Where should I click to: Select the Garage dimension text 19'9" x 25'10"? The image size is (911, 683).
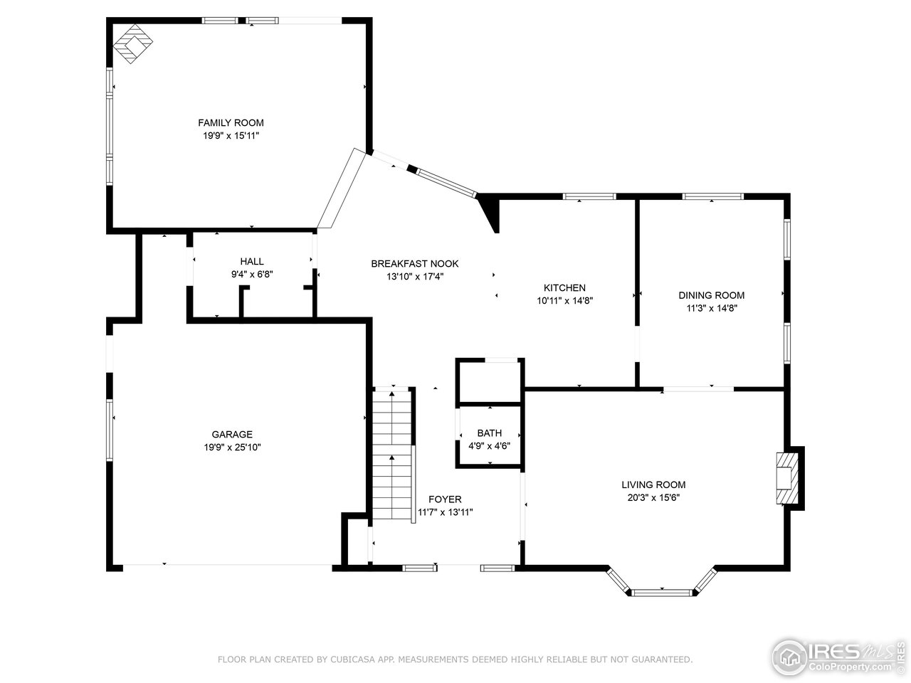point(232,447)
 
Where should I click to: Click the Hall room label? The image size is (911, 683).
point(251,261)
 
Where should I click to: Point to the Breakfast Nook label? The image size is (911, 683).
point(414,264)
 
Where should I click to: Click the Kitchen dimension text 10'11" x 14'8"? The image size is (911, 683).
point(564,300)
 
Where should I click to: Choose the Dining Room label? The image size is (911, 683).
point(711,295)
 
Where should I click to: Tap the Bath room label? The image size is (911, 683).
point(489,433)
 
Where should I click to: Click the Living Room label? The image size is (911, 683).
point(653,485)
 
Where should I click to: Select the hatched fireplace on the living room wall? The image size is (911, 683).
point(786,477)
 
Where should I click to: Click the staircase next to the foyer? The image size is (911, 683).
point(392,455)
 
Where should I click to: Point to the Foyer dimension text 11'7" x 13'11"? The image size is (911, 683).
point(445,512)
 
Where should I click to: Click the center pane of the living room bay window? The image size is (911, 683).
point(662,591)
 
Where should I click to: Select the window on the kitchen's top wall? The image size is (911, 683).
point(589,196)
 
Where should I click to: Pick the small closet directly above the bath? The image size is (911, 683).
point(490,382)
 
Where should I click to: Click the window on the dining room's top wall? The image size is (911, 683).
point(712,196)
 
